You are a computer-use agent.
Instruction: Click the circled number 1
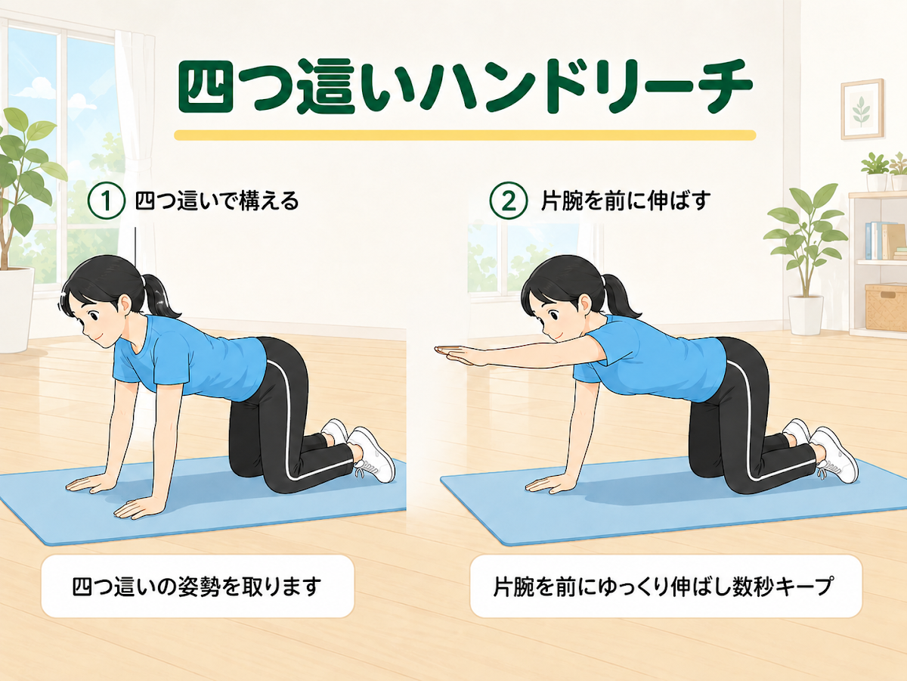click(107, 201)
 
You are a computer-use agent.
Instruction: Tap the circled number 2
click(509, 201)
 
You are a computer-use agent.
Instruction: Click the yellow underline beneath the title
click(465, 135)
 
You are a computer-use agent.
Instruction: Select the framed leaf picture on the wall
click(862, 109)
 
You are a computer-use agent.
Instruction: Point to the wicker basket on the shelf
click(886, 308)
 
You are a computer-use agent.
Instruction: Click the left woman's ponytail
click(159, 296)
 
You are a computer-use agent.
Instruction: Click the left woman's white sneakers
click(360, 449)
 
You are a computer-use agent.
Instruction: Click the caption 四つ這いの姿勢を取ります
click(197, 587)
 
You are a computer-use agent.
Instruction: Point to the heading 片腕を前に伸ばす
click(626, 201)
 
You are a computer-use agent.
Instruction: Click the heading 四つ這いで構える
click(217, 201)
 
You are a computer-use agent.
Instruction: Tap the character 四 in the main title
click(206, 88)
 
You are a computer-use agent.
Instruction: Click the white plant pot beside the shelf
click(806, 314)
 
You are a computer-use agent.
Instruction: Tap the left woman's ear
click(125, 304)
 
